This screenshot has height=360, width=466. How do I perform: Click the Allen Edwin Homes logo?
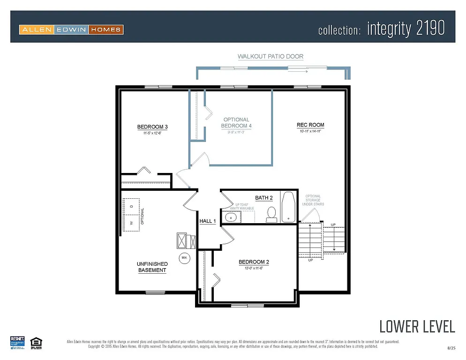(x=71, y=30)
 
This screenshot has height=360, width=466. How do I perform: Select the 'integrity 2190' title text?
(x=406, y=29)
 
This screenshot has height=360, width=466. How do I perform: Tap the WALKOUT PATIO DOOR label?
(x=271, y=56)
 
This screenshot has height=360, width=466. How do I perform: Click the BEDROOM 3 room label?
(x=152, y=127)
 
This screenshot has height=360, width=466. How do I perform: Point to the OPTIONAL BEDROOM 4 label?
(x=236, y=123)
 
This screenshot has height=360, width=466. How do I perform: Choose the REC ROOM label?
(x=310, y=125)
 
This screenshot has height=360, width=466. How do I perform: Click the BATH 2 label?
(x=264, y=198)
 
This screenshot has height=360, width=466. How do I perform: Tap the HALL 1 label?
(x=208, y=221)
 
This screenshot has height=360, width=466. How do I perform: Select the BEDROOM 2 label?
(x=254, y=262)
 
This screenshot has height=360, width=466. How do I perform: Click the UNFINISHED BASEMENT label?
(x=152, y=267)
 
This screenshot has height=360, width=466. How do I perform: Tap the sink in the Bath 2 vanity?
(x=230, y=217)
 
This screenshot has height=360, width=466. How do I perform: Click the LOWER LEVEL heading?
(x=417, y=326)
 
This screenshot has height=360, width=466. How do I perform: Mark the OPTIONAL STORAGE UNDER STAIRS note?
(x=313, y=200)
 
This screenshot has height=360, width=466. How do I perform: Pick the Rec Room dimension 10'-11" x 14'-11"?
(x=310, y=132)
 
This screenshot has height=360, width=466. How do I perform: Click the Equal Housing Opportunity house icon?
(x=35, y=342)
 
